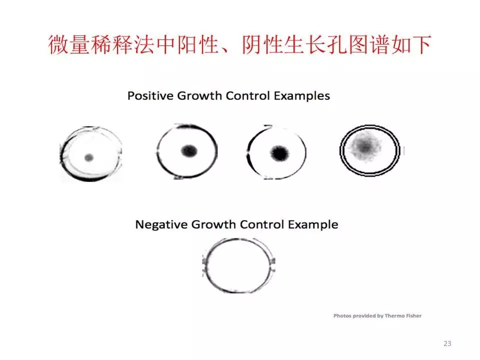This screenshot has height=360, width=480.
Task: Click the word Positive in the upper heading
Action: (x=150, y=96)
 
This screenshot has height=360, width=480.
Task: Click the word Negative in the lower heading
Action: (x=161, y=224)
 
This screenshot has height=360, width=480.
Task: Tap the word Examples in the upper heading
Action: (x=302, y=96)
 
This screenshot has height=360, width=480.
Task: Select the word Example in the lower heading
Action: (x=313, y=225)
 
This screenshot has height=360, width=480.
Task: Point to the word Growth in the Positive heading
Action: (x=199, y=96)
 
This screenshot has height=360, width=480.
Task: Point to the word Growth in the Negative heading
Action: (x=213, y=224)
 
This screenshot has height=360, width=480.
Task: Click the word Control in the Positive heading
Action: (x=248, y=96)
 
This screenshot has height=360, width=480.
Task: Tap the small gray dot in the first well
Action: (x=89, y=157)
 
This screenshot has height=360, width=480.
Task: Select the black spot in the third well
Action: (x=279, y=153)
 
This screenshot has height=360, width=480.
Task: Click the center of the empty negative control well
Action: (x=239, y=265)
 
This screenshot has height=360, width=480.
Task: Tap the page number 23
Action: (x=447, y=343)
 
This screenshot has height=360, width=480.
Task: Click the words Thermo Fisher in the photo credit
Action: (x=403, y=315)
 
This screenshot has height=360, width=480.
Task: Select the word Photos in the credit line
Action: (x=342, y=315)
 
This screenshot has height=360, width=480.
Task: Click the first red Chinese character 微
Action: (x=58, y=44)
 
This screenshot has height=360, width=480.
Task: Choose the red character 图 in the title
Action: (x=357, y=44)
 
